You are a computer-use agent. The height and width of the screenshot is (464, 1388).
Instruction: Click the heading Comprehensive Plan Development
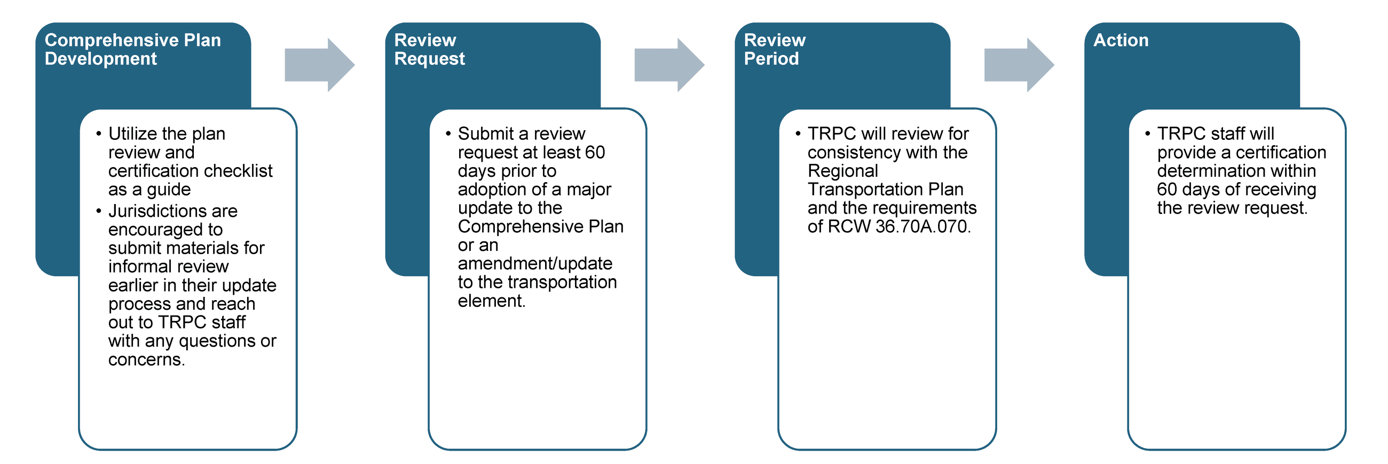[132, 49]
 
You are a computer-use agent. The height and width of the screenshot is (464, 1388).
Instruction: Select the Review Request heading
[429, 49]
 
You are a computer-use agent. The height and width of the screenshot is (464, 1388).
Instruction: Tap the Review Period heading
[774, 49]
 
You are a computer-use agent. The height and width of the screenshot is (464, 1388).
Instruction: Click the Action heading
[1120, 41]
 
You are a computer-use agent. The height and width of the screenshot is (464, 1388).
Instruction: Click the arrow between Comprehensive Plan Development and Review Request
[319, 65]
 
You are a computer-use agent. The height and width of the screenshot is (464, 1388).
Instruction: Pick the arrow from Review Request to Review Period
[669, 65]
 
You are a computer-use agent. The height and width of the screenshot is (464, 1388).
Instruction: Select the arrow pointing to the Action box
[1019, 65]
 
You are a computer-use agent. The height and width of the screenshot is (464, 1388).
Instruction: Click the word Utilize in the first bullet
[132, 133]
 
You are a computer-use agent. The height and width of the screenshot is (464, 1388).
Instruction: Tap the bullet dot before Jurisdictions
[98, 211]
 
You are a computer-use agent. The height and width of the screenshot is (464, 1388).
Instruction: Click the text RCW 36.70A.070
[899, 226]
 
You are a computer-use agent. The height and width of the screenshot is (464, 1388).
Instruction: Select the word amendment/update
[534, 264]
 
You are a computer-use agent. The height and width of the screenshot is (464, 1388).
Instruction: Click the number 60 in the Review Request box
[594, 153]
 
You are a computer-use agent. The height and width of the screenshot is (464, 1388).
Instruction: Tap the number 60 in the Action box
[1166, 190]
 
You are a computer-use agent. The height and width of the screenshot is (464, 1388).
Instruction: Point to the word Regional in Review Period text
[842, 171]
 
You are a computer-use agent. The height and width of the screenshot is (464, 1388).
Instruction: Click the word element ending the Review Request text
[490, 301]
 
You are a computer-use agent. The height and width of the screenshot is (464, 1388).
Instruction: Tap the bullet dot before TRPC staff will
[1147, 133]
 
